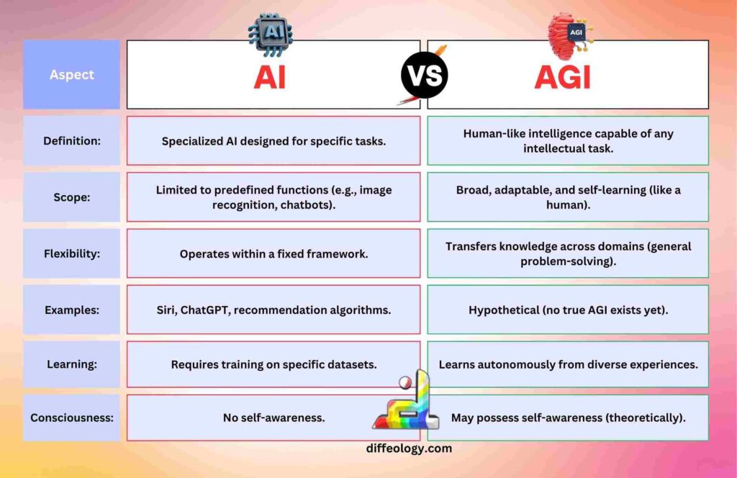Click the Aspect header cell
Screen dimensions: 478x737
pos(71,75)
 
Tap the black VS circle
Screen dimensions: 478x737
pos(424,75)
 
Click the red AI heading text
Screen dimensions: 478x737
pos(269,76)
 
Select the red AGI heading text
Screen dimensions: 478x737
pos(562,76)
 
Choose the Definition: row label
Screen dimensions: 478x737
pos(71,141)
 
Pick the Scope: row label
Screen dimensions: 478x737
pos(71,197)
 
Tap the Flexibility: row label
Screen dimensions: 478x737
pos(71,253)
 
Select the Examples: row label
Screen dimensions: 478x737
pos(71,310)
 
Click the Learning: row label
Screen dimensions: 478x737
pos(71,364)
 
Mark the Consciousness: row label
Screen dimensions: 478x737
pos(71,418)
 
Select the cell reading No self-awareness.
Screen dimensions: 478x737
pos(273,418)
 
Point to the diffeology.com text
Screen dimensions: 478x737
pos(409,448)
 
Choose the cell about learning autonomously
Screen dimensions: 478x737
pos(567,364)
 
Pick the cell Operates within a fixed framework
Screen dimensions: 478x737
pos(273,253)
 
